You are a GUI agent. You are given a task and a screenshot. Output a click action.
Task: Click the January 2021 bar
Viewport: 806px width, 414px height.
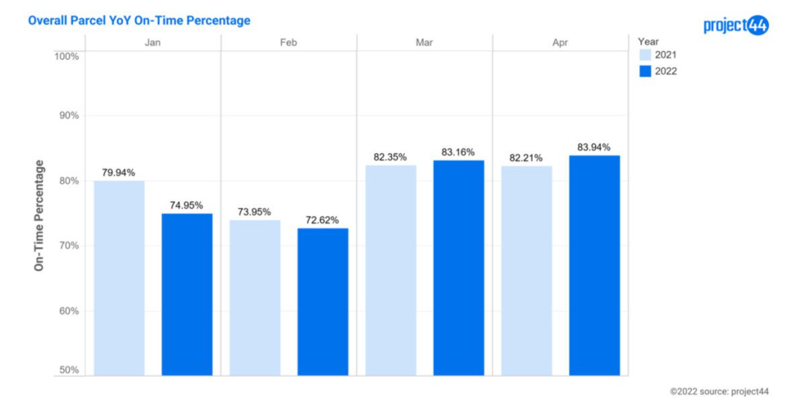(119, 278)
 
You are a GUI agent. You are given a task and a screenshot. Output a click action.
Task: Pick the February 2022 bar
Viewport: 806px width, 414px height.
(322, 301)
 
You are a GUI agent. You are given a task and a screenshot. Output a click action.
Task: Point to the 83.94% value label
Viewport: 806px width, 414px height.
(594, 148)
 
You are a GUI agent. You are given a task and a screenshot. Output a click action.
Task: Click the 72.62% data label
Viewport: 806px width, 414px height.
(322, 220)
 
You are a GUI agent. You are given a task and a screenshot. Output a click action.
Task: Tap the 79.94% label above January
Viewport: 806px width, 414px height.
(119, 172)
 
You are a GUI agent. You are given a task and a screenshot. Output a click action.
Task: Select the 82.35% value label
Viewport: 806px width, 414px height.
(390, 157)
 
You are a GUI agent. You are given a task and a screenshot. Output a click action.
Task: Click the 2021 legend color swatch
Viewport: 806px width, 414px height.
(645, 55)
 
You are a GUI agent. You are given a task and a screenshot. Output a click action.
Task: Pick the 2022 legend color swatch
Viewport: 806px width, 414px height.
(645, 71)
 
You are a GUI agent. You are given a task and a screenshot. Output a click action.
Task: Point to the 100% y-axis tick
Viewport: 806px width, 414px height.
(66, 56)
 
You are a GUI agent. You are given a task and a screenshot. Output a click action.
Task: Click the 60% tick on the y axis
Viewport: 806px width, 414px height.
(66, 311)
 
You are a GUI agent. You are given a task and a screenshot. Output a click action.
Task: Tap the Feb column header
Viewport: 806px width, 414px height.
(289, 42)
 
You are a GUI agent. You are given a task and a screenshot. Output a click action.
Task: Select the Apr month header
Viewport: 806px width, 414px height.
(560, 42)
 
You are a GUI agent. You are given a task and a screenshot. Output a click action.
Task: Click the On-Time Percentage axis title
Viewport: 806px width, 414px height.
(39, 215)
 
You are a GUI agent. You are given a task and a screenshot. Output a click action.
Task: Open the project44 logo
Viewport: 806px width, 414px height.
(735, 25)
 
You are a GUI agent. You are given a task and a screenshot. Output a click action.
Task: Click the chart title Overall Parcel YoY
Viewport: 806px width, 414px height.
(139, 21)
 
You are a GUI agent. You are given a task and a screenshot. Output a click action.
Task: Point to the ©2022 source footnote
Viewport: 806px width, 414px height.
(719, 391)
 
